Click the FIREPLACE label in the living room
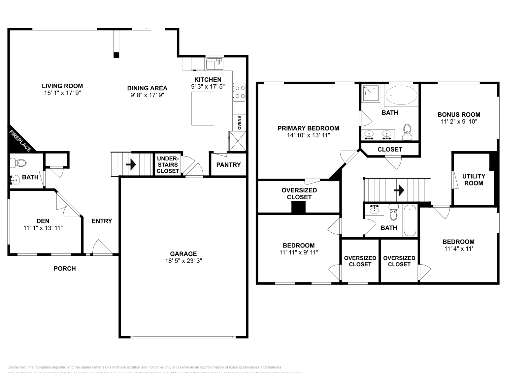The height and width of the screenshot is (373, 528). [20, 141]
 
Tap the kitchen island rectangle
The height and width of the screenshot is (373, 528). [203, 108]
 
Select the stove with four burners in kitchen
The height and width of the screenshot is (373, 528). [239, 92]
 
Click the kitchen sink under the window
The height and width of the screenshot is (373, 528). [215, 64]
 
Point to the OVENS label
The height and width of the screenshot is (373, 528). [240, 123]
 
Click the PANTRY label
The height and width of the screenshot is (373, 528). [228, 165]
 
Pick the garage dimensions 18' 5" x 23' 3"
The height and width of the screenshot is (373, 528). [183, 261]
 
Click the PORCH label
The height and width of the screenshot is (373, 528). [65, 269]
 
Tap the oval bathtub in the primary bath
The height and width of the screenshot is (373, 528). [401, 95]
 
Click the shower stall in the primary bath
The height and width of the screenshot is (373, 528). [371, 93]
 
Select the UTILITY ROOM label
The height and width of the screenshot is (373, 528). [474, 180]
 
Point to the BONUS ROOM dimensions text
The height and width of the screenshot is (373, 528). [459, 122]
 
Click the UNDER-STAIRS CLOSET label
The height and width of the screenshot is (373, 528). [168, 165]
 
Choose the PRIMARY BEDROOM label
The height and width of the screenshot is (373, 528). [308, 128]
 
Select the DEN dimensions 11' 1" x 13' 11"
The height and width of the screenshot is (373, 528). [43, 228]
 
